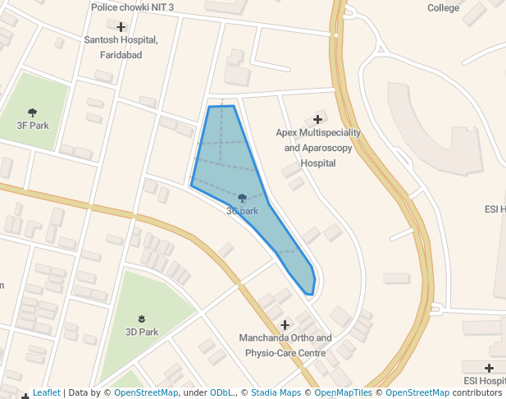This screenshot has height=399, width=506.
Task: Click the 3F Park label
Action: (33, 126)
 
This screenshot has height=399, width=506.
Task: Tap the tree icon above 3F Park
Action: (33, 112)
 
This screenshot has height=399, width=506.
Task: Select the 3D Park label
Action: (142, 332)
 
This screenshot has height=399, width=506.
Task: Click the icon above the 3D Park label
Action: (142, 319)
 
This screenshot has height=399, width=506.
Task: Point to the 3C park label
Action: (243, 211)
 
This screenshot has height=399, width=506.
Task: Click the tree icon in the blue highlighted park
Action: (243, 198)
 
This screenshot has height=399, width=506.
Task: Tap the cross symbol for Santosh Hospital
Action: (121, 27)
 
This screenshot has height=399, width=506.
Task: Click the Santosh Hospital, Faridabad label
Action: (121, 47)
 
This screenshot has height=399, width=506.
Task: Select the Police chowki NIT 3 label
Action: (132, 7)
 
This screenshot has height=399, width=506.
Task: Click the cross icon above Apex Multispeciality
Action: (317, 120)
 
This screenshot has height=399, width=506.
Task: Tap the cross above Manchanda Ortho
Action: (285, 324)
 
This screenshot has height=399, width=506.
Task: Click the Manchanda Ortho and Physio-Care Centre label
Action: (285, 345)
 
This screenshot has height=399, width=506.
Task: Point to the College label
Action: (443, 7)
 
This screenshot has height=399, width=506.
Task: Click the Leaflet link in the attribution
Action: (46, 392)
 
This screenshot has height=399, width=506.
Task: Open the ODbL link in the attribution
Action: (221, 392)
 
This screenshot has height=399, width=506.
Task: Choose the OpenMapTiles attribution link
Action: (344, 392)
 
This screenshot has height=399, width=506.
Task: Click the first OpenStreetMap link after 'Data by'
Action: (145, 392)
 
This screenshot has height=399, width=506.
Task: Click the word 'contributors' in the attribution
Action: (476, 392)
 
